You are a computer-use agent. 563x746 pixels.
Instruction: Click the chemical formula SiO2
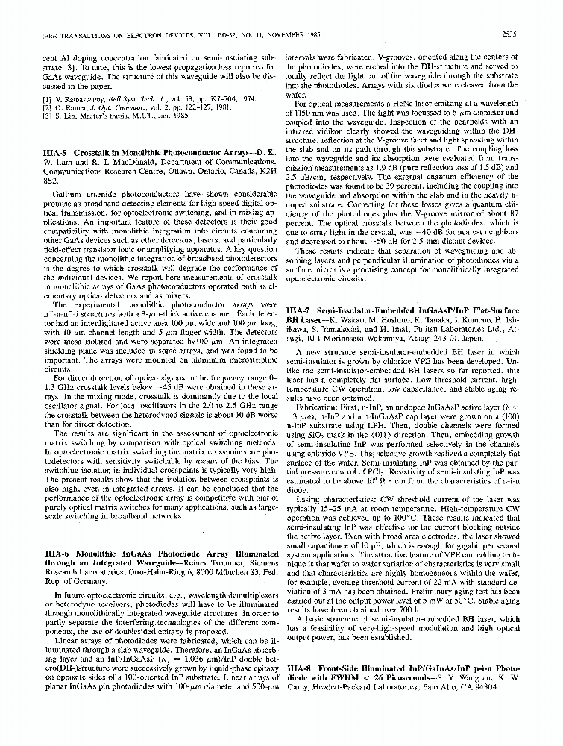click(316, 434)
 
